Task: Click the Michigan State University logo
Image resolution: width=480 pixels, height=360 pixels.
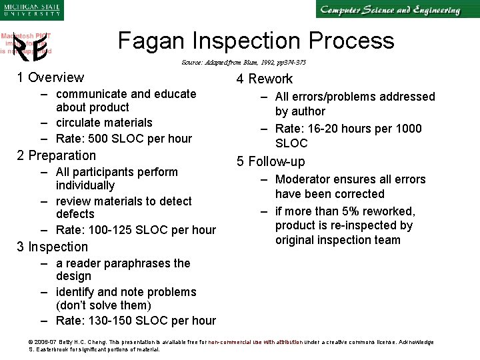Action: coord(31,10)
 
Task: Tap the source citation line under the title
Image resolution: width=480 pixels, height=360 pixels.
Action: coord(243,63)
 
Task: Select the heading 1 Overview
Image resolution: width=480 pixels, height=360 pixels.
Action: coord(51,78)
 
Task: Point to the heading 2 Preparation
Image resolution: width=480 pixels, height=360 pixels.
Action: coord(57,155)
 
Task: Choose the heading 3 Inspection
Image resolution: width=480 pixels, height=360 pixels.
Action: coord(53,247)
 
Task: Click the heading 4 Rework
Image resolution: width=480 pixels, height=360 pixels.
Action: coord(265,79)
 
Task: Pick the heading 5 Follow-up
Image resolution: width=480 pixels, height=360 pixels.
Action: coord(271,161)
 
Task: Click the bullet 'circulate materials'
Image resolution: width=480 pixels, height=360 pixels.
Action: coord(104,123)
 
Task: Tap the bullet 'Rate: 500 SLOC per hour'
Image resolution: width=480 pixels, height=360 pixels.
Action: coord(123,139)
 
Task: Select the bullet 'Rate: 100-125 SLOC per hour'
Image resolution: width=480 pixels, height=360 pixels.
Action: coord(136,230)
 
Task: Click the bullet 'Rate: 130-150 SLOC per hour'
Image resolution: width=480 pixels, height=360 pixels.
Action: coord(136,321)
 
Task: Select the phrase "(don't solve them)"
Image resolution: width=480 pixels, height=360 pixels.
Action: coord(103,305)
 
